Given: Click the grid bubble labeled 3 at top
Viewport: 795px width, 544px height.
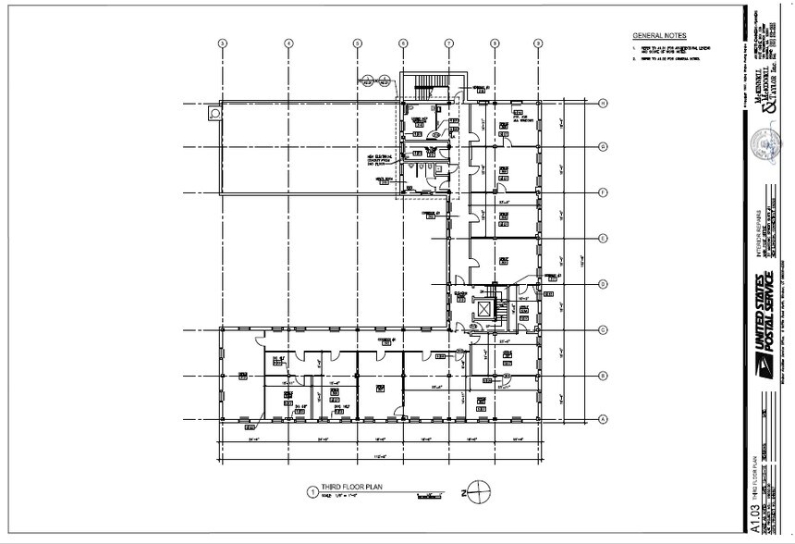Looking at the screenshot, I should coord(221,43).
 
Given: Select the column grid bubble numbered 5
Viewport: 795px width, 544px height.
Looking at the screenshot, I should coord(357,43).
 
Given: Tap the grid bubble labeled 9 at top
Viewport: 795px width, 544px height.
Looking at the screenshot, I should coord(537,43).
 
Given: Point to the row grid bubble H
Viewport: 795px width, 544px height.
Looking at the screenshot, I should coord(601,103).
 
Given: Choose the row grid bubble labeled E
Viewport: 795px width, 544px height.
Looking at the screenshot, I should coord(601,238).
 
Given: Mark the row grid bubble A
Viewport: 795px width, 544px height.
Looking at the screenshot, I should coord(601,419).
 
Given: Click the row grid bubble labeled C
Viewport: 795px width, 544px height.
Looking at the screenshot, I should coord(601,328).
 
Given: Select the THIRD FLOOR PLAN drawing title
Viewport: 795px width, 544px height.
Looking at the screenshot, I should coord(349,491).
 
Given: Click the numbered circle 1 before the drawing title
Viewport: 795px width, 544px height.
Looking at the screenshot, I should coord(312,493).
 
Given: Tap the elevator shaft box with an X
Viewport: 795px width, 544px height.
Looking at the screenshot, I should coord(483,307).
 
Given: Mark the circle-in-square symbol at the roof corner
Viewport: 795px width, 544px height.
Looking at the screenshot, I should coord(214,113).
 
